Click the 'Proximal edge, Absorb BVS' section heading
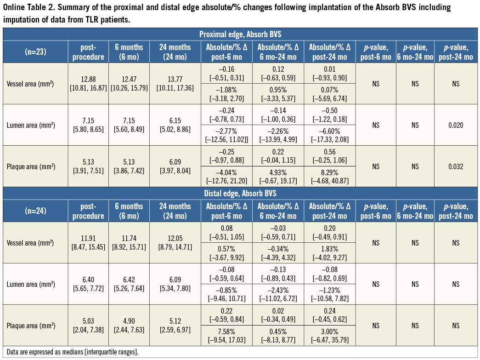(x=240, y=34)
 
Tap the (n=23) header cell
(x=35, y=51)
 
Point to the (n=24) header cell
(x=35, y=210)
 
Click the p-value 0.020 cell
(x=455, y=125)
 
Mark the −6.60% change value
(x=329, y=131)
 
